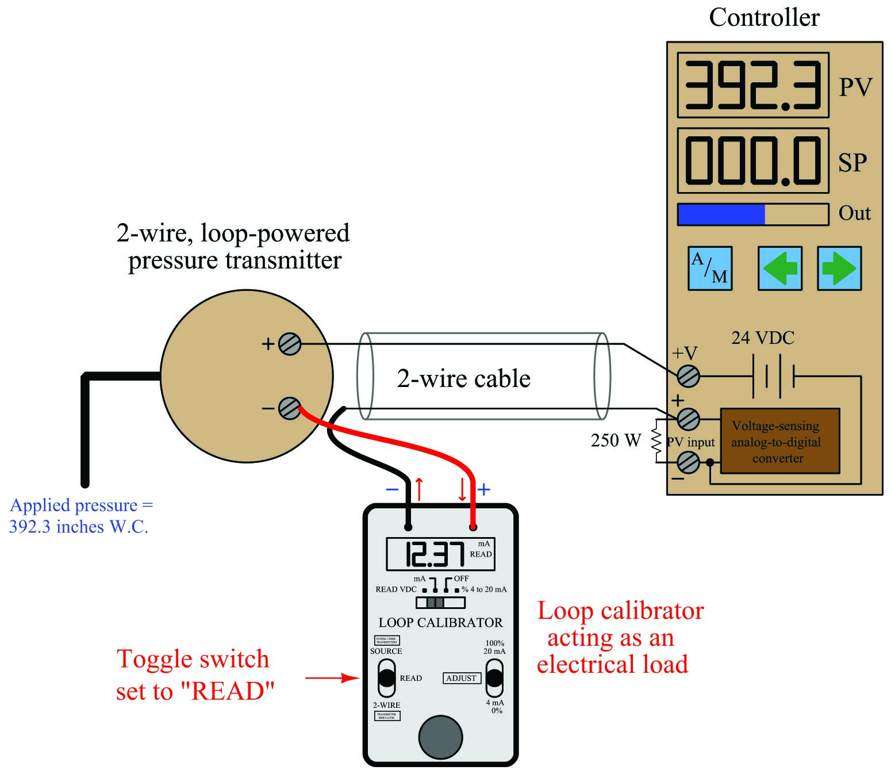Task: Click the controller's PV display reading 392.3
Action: click(x=753, y=85)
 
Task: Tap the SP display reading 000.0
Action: click(x=753, y=160)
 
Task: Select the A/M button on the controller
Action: click(x=710, y=269)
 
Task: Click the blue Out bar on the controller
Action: click(x=721, y=214)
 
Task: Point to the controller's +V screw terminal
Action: click(x=688, y=376)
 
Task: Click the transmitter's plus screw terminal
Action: click(x=290, y=344)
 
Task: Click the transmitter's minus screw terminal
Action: click(x=290, y=408)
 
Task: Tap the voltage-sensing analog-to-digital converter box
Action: click(x=779, y=441)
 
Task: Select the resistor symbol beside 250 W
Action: click(x=656, y=441)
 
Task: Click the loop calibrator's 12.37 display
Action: click(x=440, y=554)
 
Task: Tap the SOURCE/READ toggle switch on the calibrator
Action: click(x=386, y=678)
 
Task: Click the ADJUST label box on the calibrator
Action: click(x=461, y=678)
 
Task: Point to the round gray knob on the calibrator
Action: click(x=440, y=737)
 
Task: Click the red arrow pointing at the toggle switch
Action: click(x=332, y=678)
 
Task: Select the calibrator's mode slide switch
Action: click(x=440, y=603)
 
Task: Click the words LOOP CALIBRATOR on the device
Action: click(x=440, y=623)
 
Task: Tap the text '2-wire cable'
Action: click(x=463, y=379)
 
